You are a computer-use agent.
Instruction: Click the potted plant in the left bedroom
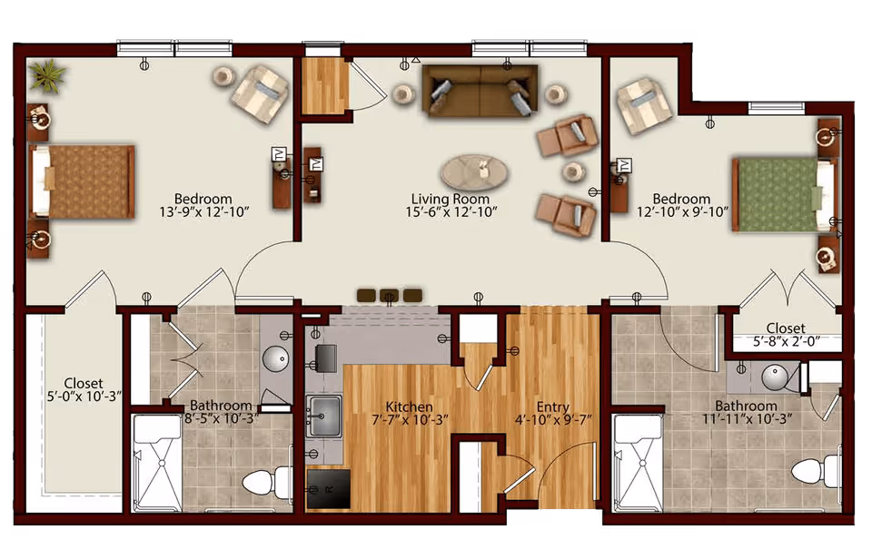pos(47,75)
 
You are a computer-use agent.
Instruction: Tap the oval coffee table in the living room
pos(474,171)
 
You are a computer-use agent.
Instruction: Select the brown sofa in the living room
pos(480,91)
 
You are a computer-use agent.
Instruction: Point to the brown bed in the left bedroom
pos(83,181)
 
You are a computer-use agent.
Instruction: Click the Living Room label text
pos(451,199)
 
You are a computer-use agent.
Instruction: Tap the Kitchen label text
pos(410,407)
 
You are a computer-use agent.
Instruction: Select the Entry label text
pos(553,407)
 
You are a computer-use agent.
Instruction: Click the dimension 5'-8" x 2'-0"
pos(787,341)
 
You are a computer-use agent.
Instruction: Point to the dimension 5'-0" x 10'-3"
pos(84,397)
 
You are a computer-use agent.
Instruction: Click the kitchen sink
pos(325,416)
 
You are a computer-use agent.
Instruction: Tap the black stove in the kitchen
pos(329,489)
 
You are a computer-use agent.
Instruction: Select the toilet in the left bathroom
pos(267,481)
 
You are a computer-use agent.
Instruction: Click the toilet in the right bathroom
pos(816,473)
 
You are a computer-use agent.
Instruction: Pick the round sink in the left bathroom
pos(274,359)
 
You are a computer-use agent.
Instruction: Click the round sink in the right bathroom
pos(774,377)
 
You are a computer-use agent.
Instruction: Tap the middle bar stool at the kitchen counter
pos(390,296)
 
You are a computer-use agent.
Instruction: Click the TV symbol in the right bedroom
pos(625,165)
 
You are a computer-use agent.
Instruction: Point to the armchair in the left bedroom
pos(261,93)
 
